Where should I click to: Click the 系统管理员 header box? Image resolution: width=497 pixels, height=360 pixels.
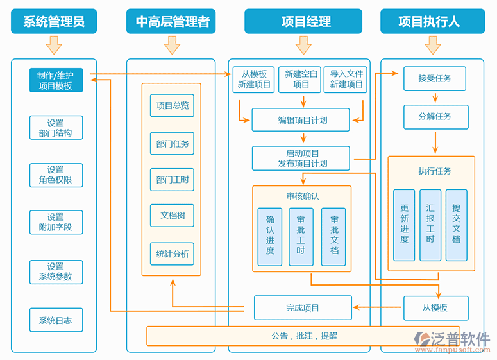pos(54,21)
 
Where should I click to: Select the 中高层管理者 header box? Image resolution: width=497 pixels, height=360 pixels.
pos(172,21)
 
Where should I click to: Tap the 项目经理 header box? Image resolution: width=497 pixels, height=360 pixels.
pos(307,21)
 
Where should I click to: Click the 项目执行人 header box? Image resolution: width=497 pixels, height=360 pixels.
pos(429,21)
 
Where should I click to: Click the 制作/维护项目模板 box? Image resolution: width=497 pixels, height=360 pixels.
pos(56,80)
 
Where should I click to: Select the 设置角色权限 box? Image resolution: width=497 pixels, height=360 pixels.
pos(56,175)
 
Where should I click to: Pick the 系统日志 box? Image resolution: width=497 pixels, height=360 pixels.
pos(56,320)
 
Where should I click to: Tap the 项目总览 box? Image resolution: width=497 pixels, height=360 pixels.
pos(173,106)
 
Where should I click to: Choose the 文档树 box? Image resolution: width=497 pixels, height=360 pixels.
pos(173,216)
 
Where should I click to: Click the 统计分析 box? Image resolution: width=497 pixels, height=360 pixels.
pos(173,254)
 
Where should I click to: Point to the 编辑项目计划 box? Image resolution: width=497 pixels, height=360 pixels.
pos(301,120)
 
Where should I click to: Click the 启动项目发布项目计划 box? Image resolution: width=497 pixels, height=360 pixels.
pos(301,159)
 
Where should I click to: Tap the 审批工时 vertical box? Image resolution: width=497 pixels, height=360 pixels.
pos(301,237)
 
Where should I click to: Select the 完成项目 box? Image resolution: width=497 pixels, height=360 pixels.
pos(303,308)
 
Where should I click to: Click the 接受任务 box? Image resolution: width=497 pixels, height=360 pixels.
pos(435,79)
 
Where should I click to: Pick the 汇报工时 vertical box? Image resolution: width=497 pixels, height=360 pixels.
pos(430,225)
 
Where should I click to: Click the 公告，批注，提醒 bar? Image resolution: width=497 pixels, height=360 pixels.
pos(304,336)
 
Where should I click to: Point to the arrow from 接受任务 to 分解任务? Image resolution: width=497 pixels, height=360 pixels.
pos(435,98)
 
